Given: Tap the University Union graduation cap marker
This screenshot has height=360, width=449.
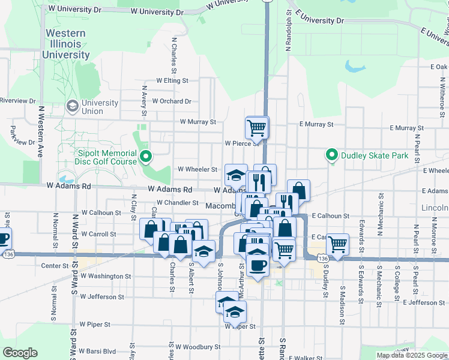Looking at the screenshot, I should pyautogui.click(x=73, y=106).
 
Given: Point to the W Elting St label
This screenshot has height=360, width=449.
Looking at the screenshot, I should pyautogui.click(x=172, y=80).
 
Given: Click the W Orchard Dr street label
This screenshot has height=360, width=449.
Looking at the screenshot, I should pyautogui.click(x=172, y=101).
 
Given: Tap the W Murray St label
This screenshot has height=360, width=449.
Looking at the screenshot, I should pyautogui.click(x=197, y=122).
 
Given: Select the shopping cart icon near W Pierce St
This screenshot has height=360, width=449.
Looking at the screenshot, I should pyautogui.click(x=256, y=127).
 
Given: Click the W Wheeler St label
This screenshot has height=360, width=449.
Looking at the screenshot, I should pyautogui.click(x=197, y=169).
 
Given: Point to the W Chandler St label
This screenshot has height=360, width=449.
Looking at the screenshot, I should pyautogui.click(x=177, y=203).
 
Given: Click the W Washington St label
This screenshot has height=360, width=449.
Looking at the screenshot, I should pyautogui.click(x=106, y=276).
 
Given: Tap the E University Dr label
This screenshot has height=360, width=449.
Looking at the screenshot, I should pyautogui.click(x=316, y=20).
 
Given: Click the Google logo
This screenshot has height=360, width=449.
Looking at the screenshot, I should pyautogui.click(x=19, y=353).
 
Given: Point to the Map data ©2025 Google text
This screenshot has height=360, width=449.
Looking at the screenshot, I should pyautogui.click(x=411, y=355).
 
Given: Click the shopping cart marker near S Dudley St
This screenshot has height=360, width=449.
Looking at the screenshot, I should pyautogui.click(x=338, y=244).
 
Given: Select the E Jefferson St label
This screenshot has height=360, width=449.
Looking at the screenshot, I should pyautogui.click(x=424, y=302).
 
